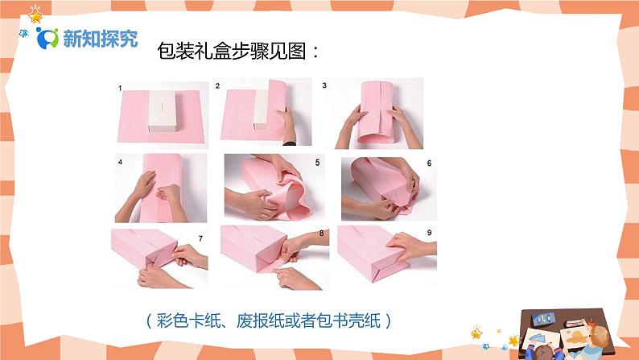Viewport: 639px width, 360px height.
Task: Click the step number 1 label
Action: click(120, 88)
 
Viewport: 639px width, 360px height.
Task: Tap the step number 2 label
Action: click(217, 85)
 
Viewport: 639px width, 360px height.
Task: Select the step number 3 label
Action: click(324, 85)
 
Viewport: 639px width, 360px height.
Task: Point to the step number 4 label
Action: click(120, 162)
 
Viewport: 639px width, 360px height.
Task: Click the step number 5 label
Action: click(317, 162)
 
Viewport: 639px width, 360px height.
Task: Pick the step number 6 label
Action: click(429, 163)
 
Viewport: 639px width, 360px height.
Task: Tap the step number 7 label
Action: click(200, 238)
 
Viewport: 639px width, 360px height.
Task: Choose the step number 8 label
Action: click(322, 234)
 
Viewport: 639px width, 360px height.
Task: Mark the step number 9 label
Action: click(429, 233)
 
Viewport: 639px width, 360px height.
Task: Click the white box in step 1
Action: click(163, 111)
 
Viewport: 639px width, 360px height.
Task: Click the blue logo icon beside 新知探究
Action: click(47, 38)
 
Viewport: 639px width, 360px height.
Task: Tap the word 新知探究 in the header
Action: click(101, 39)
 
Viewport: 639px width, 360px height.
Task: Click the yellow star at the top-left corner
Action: click(35, 15)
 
